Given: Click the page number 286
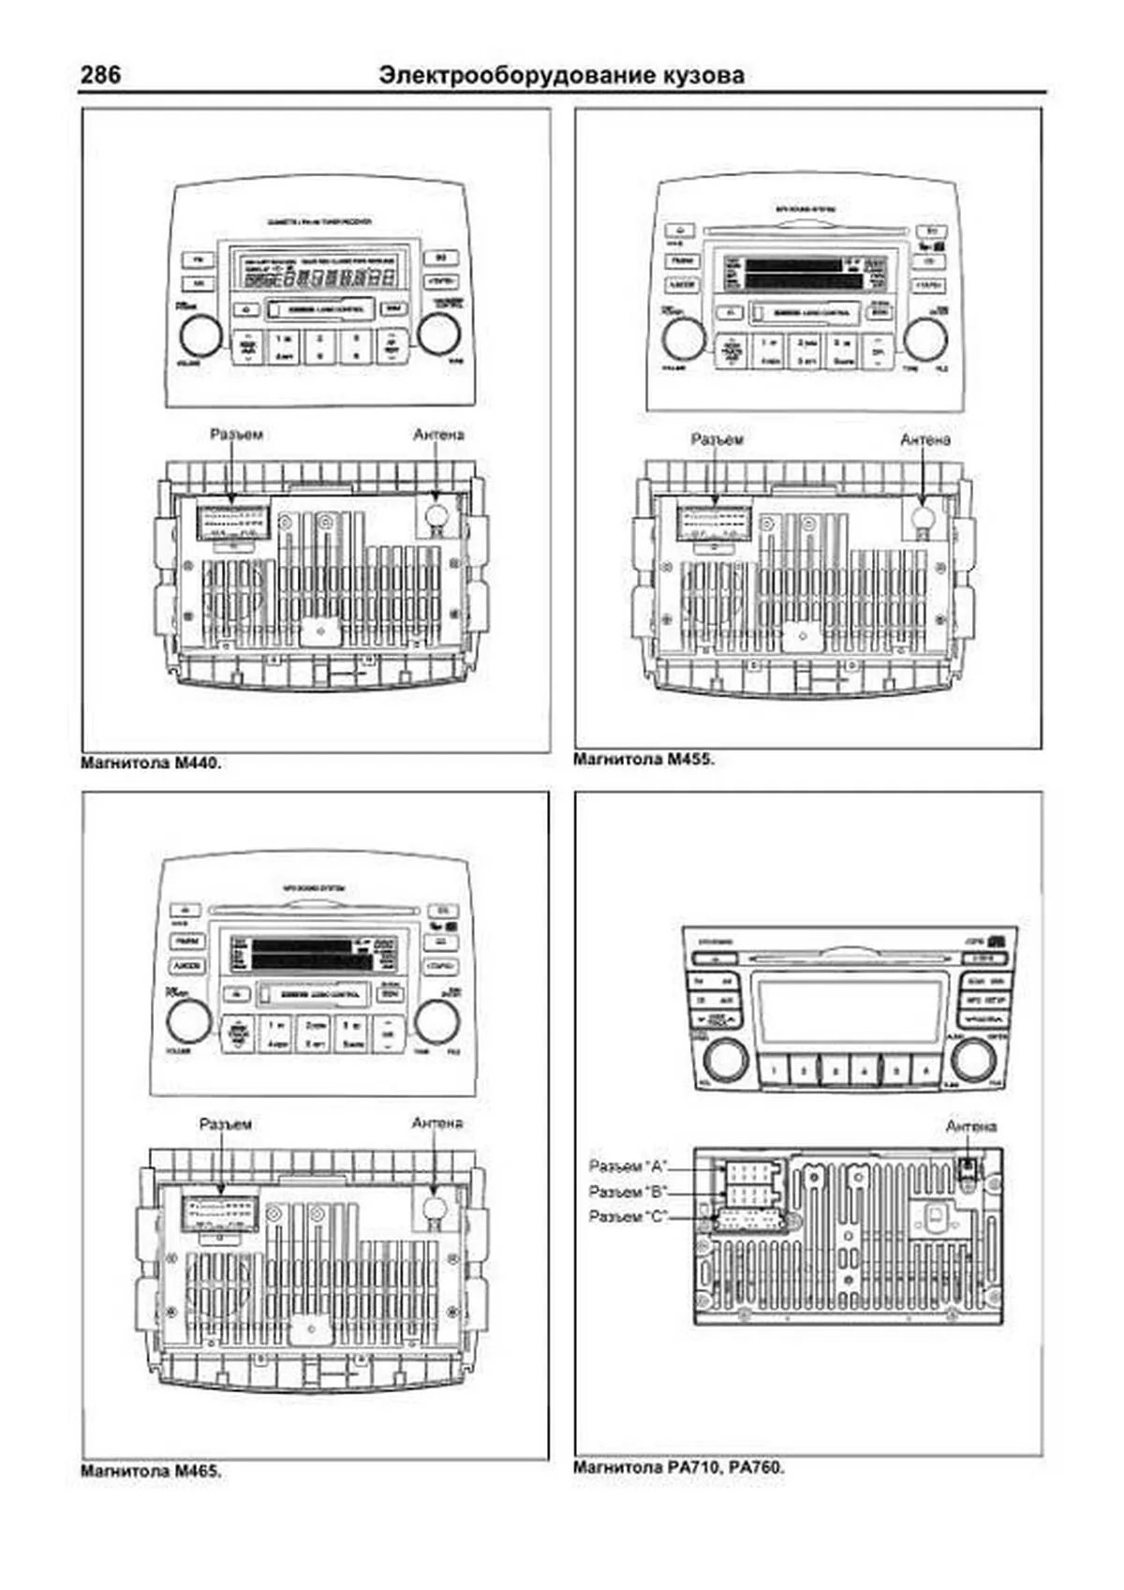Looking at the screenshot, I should tap(100, 74).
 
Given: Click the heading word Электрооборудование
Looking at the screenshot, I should tap(495, 75).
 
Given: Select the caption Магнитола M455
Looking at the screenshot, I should tap(643, 760).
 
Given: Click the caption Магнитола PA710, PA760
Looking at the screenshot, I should tap(678, 1467).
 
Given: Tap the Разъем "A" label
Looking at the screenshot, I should tap(628, 1166).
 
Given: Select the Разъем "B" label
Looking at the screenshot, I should tap(628, 1192).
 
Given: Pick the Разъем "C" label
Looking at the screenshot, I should tap(628, 1216).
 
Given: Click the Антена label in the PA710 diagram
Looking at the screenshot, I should tap(971, 1126).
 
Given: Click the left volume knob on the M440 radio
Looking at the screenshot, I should tap(200, 335).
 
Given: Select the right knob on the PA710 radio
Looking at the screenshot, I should tap(973, 1060).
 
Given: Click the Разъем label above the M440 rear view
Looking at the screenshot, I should tap(236, 435).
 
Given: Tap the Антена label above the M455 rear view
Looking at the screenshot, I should tap(925, 439).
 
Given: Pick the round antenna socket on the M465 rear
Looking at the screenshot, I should tap(433, 1207).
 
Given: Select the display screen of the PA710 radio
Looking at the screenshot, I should tap(850, 1013).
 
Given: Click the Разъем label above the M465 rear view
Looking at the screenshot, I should tap(226, 1124).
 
